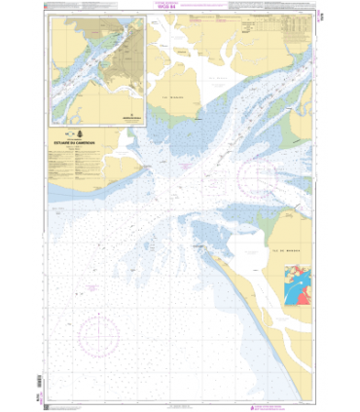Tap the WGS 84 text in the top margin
coord(179,17)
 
